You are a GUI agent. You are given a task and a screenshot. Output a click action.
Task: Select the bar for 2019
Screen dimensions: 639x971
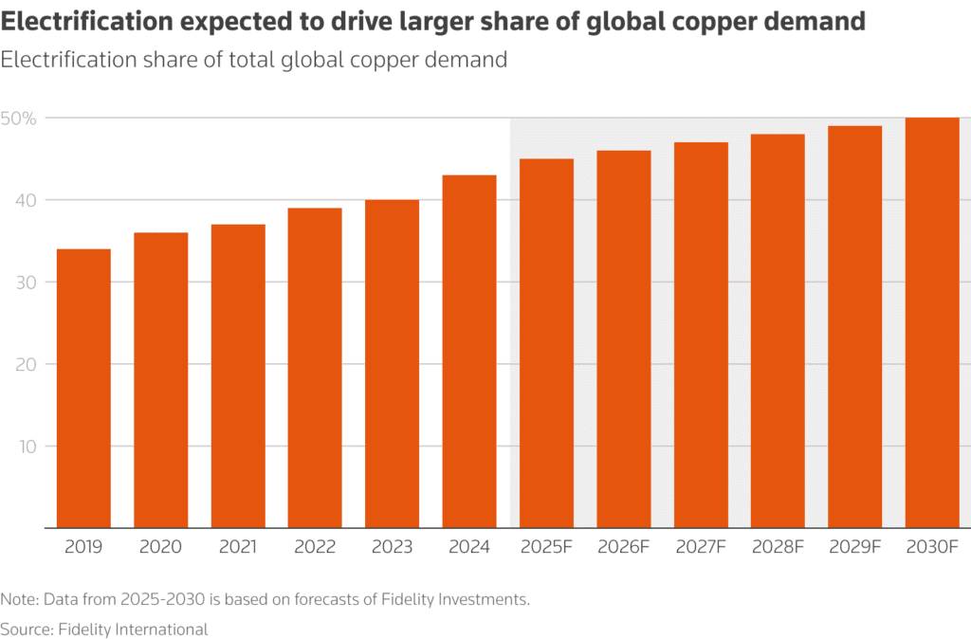point(83,388)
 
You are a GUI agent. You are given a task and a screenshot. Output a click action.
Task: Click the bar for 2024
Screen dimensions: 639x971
point(469,351)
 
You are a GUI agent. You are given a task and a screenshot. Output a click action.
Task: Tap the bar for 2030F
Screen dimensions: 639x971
point(932,322)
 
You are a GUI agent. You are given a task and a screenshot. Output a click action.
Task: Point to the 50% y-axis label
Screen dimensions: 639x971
point(19,119)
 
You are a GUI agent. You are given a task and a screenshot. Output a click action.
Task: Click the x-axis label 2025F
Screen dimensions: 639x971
point(546,548)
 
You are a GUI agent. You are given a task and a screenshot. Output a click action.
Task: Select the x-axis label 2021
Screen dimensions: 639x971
point(238,548)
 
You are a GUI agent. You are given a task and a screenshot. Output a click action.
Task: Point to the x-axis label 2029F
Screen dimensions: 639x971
point(855,548)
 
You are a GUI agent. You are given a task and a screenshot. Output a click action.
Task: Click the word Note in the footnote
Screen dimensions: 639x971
point(18,599)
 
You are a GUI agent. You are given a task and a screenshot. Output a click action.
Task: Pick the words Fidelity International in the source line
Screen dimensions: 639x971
point(134,628)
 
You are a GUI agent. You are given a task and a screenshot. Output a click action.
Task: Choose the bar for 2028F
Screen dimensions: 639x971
point(778,331)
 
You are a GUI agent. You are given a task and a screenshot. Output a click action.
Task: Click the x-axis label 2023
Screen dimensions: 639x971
point(392,548)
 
